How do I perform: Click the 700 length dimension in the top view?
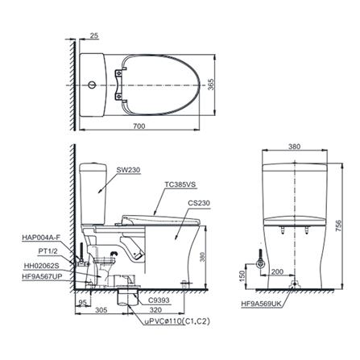point(140,126)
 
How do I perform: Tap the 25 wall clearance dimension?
point(95,36)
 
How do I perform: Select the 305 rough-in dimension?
point(101,308)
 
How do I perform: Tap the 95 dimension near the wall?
point(81,302)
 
